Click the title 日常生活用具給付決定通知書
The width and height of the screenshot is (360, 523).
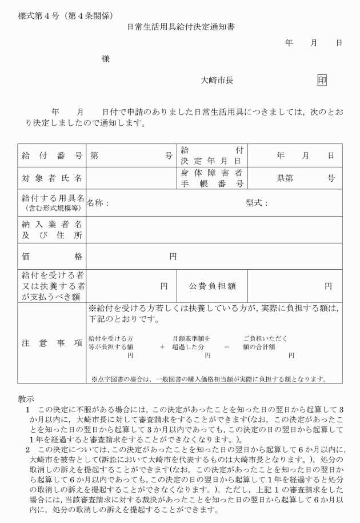point(181,26)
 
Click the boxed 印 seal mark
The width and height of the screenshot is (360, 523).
point(322,80)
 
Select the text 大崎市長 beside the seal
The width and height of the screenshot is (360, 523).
point(217,81)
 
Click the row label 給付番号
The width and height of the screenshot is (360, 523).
point(52,155)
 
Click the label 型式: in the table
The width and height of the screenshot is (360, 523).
point(257,203)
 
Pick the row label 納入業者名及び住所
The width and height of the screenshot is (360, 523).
point(52,229)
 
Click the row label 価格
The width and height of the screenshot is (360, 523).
point(52,257)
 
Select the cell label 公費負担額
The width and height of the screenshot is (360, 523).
point(213,286)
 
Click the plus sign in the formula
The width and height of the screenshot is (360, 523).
point(162,346)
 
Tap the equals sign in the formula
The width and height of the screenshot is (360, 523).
point(227,346)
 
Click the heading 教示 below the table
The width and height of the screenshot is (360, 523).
point(26,399)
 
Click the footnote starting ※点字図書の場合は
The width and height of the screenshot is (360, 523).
point(209,378)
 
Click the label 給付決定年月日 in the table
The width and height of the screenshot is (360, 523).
point(212,155)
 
